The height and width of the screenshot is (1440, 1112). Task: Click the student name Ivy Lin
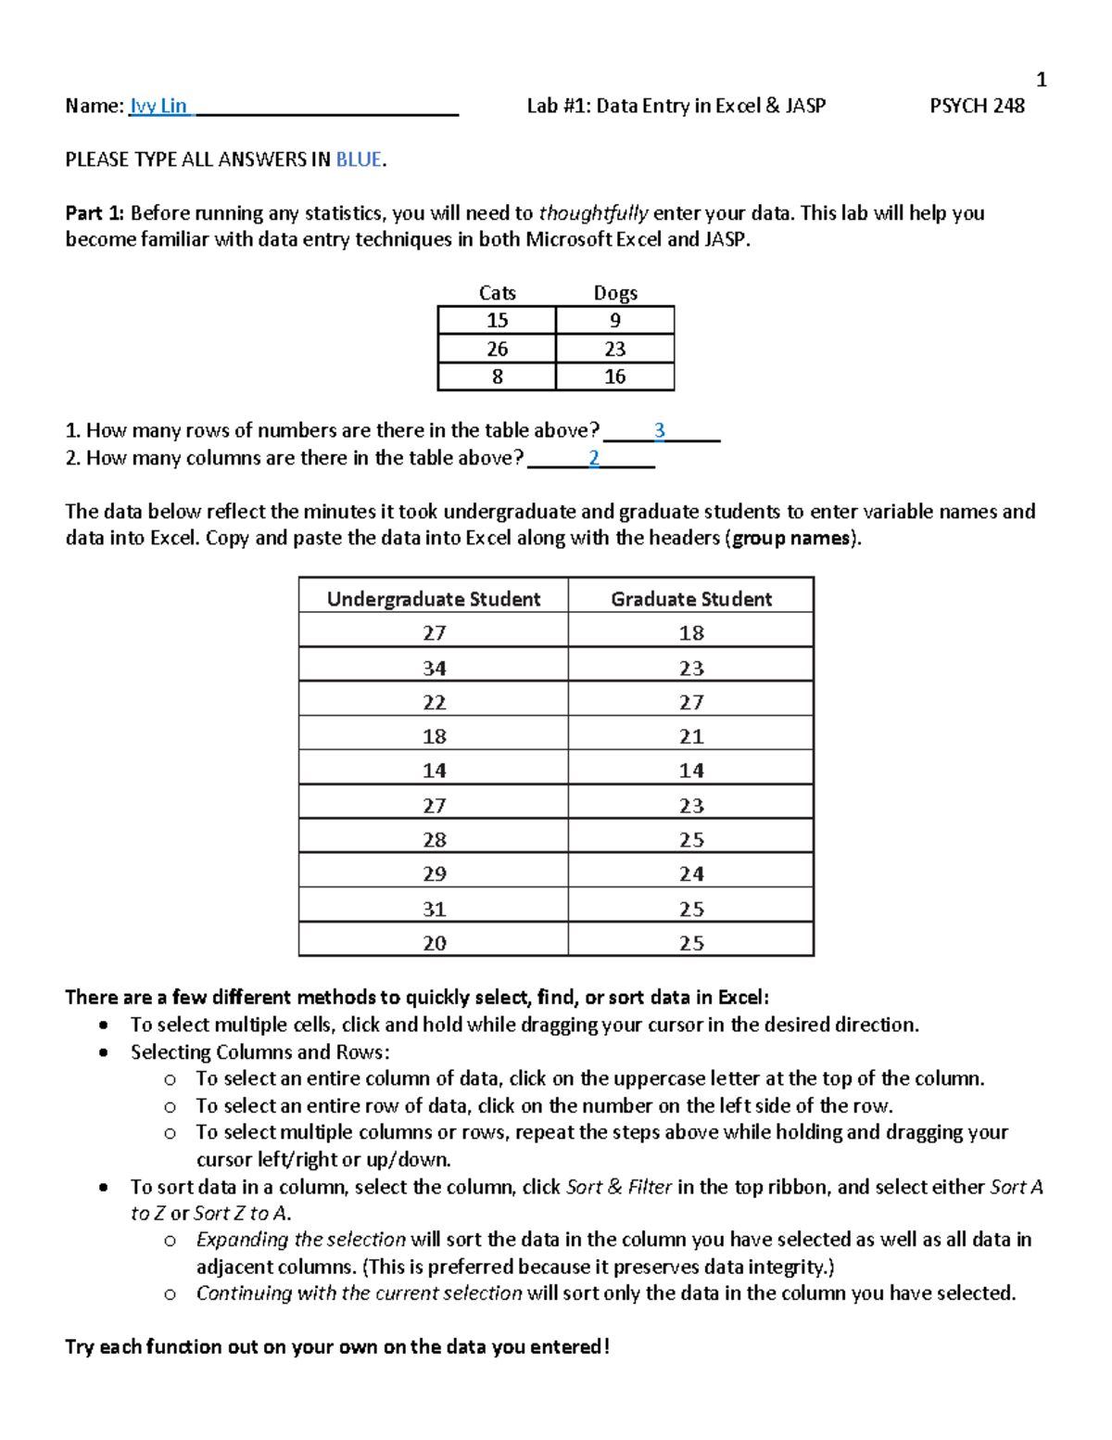coord(158,106)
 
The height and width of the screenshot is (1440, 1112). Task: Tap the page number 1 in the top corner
coord(1041,80)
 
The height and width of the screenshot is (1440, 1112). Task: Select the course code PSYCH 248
coord(977,106)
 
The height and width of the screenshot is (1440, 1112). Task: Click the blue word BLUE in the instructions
coord(359,159)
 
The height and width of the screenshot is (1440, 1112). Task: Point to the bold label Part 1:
coord(95,213)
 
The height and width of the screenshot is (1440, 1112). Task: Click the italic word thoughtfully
coord(593,213)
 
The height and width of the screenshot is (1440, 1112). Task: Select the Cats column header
coord(497,293)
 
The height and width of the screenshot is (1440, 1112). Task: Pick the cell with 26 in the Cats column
coord(497,349)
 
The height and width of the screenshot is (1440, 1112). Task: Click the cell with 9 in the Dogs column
coord(615,321)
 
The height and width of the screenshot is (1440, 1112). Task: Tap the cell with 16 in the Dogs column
coord(615,376)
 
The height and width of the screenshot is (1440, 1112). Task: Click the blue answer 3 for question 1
coord(659,430)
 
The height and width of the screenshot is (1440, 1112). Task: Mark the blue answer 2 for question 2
coord(594,458)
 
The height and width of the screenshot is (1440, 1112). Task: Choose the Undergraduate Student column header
coord(434,599)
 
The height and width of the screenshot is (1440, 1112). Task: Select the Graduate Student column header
coord(691,599)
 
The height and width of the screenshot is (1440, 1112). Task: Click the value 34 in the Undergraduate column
coord(434,669)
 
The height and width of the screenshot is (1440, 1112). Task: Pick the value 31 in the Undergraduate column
coord(434,910)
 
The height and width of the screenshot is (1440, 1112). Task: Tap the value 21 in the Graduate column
coord(691,737)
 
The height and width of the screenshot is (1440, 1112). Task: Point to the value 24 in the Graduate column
coord(691,874)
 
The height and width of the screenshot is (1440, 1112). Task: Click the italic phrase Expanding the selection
coord(300,1240)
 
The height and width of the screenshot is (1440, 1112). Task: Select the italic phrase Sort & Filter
coord(618,1187)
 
